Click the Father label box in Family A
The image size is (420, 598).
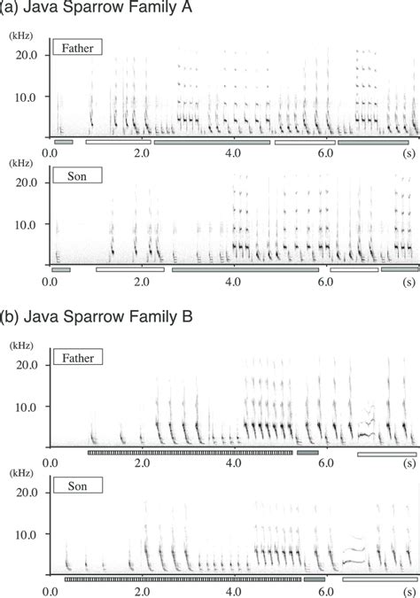[77, 47]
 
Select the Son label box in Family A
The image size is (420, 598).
[77, 175]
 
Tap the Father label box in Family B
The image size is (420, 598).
[78, 357]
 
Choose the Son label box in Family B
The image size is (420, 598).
[78, 485]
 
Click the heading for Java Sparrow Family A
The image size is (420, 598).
[96, 7]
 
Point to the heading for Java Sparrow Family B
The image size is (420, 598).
[96, 316]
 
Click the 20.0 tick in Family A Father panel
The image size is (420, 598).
[27, 55]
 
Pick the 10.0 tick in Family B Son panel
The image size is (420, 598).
[27, 534]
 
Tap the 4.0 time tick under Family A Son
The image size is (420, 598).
[233, 282]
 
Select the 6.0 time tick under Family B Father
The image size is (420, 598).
[325, 463]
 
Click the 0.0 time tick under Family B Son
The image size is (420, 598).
[50, 592]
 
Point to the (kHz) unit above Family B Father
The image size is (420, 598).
[21, 346]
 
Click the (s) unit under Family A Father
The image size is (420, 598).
[409, 153]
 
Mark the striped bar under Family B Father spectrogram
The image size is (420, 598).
[191, 453]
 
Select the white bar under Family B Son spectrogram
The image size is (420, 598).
[379, 579]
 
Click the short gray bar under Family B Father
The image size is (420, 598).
[307, 453]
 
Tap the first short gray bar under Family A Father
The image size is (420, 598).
[63, 142]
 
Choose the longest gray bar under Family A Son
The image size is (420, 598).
[245, 269]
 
